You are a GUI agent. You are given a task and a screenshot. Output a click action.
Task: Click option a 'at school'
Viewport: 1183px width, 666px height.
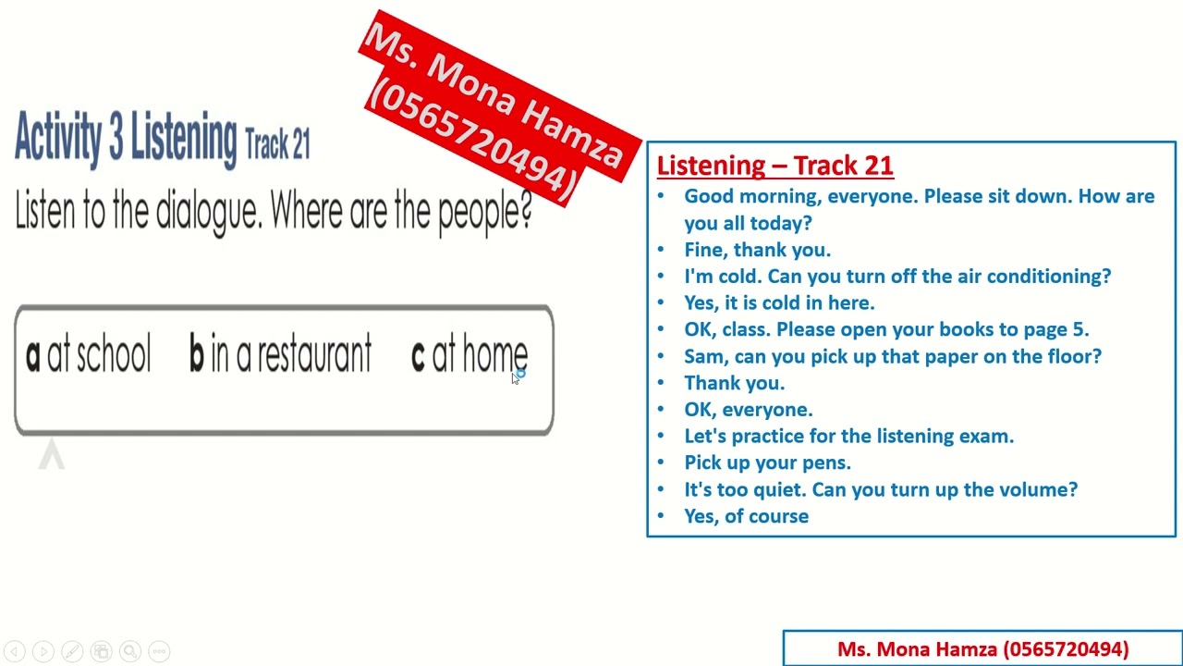pos(89,355)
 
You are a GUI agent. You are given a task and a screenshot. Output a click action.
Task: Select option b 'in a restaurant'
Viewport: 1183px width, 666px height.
pos(280,355)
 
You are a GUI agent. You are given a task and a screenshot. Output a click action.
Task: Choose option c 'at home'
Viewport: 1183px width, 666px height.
pos(470,355)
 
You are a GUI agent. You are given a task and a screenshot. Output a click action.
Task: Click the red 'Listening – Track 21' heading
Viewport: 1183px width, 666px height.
pos(774,166)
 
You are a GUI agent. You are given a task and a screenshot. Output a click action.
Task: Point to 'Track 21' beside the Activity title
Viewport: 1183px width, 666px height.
pos(277,144)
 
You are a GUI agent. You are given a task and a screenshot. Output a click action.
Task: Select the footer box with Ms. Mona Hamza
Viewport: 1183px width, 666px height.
pos(982,649)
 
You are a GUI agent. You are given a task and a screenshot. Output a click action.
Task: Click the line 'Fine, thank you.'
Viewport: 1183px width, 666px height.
pos(757,250)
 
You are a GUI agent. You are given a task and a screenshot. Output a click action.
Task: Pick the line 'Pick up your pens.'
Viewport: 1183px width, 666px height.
pos(767,462)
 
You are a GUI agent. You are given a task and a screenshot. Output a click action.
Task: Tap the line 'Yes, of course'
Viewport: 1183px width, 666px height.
pos(746,516)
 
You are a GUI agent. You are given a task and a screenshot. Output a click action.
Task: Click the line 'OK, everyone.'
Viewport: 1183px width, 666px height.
pos(748,409)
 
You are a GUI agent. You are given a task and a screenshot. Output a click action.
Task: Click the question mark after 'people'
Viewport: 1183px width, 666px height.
pos(526,212)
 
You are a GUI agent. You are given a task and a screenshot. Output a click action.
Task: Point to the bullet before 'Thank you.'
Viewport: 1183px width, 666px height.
pos(660,383)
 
